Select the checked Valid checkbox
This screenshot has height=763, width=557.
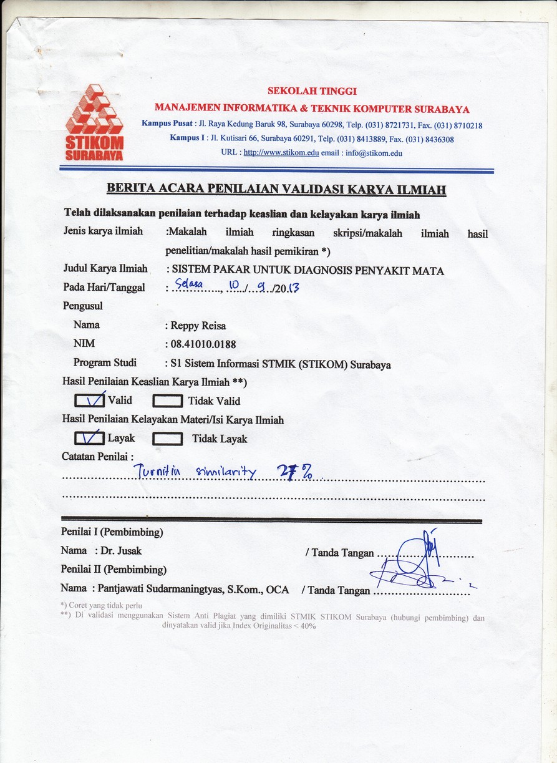click(x=89, y=400)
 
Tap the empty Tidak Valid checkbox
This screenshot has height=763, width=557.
click(x=167, y=401)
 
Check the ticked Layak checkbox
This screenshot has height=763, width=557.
click(x=89, y=438)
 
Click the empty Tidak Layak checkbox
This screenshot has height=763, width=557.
click(x=167, y=439)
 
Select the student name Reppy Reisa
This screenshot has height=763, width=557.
click(x=200, y=325)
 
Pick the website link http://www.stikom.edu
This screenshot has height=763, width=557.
click(x=281, y=153)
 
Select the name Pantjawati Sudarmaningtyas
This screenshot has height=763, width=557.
click(x=164, y=588)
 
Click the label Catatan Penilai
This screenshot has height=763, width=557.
click(x=97, y=457)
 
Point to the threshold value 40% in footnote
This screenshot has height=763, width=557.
click(x=308, y=626)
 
